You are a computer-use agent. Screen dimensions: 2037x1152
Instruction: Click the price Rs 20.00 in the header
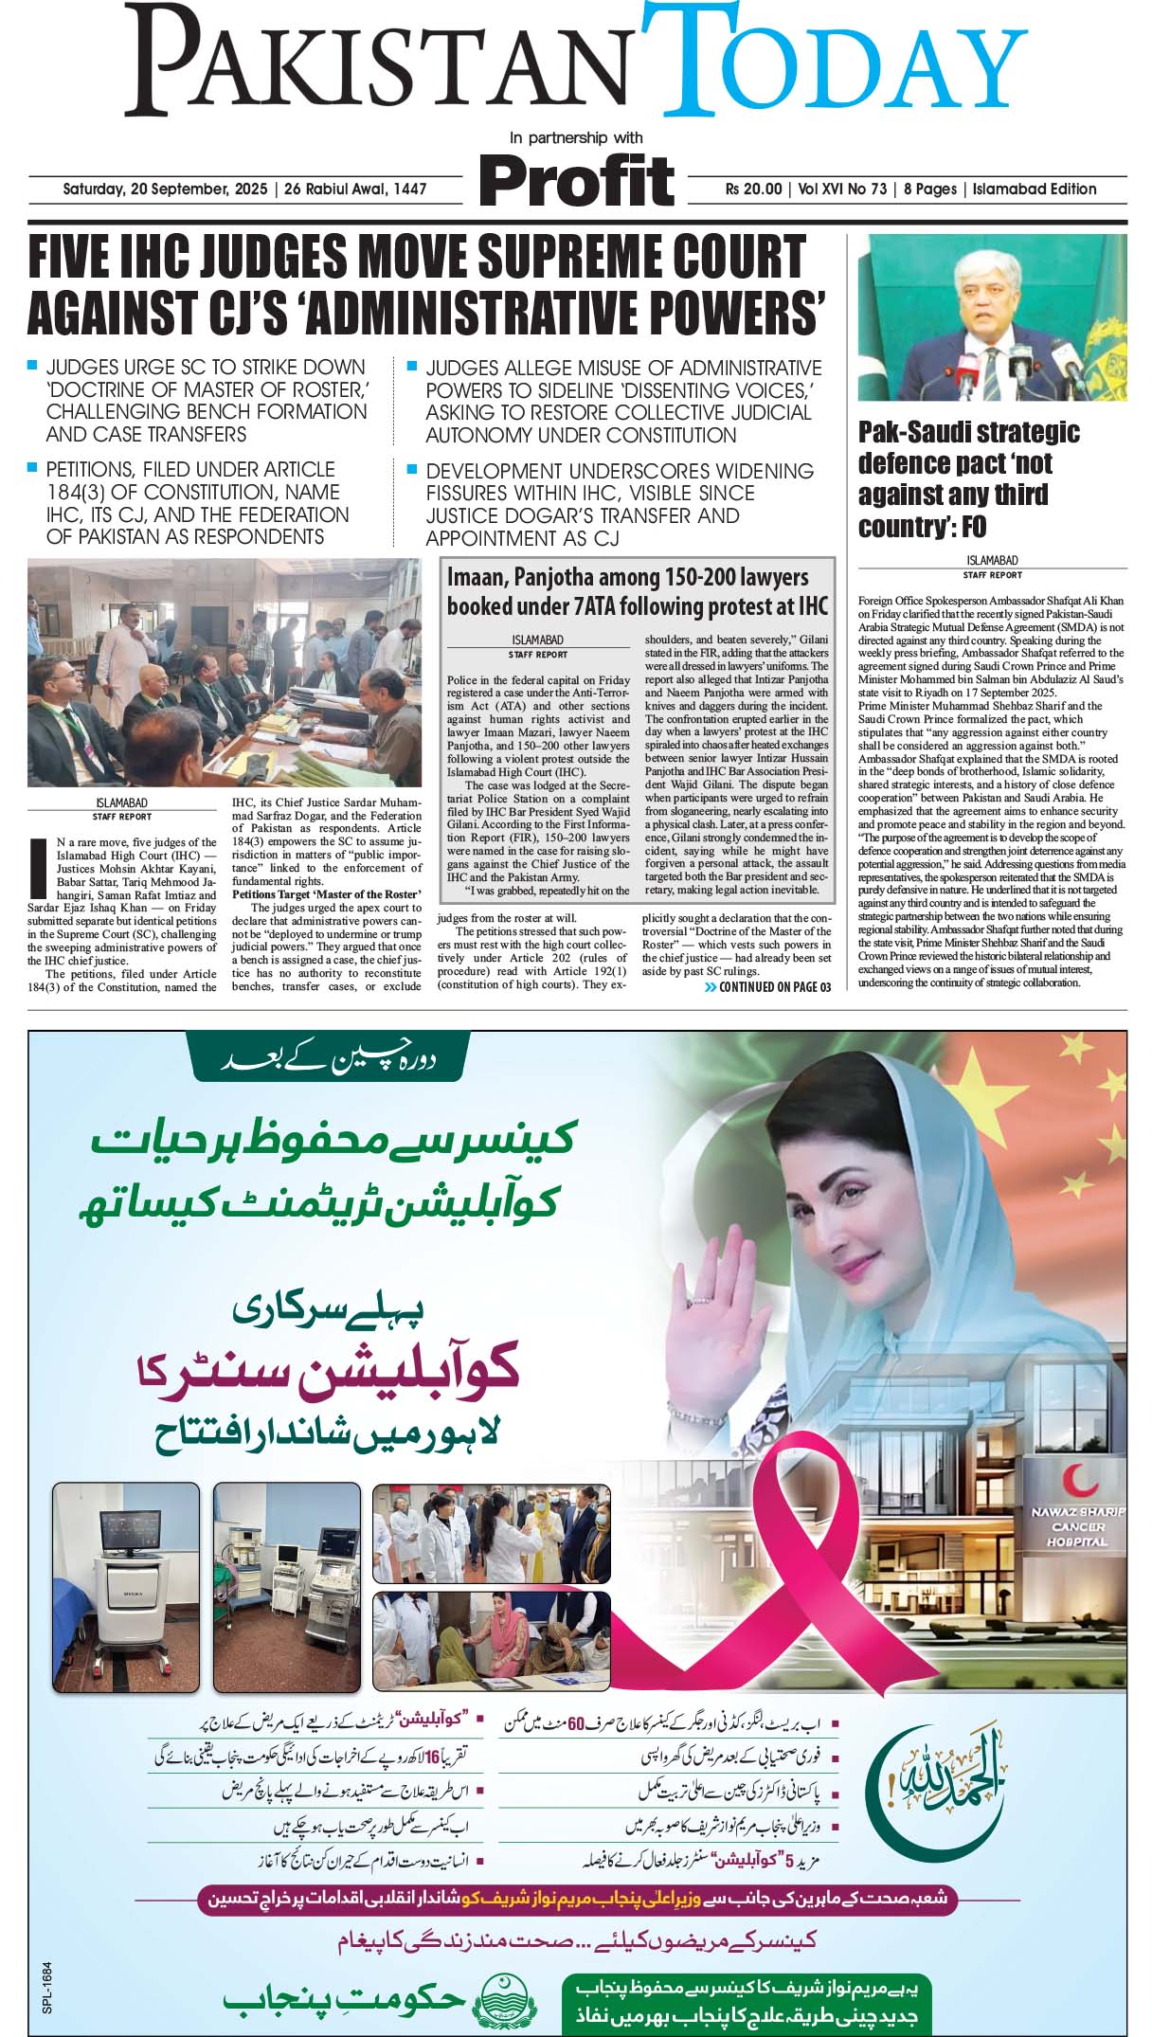753,189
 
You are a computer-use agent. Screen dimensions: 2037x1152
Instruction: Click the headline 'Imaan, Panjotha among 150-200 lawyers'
627,577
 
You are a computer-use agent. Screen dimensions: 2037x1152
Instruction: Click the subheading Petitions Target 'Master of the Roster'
325,894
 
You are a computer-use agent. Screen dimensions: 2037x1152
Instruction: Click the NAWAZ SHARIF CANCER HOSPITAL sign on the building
1077,1527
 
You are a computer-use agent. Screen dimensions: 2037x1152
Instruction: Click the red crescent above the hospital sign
1076,1479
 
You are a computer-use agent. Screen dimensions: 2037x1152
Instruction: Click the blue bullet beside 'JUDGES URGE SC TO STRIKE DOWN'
33,366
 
